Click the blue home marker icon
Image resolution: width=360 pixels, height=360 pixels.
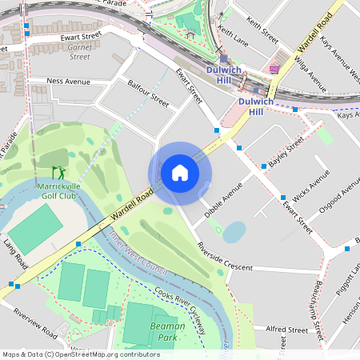coord(179,173)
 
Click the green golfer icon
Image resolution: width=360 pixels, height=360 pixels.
coord(58,171)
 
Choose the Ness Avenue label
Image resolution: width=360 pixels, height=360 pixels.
coord(69,81)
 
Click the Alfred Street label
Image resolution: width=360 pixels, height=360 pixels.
coord(287,329)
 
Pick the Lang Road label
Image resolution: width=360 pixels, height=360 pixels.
coord(14,254)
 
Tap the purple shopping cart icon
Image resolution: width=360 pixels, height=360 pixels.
coord(274,70)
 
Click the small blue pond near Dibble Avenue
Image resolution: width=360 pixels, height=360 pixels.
coord(234,232)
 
